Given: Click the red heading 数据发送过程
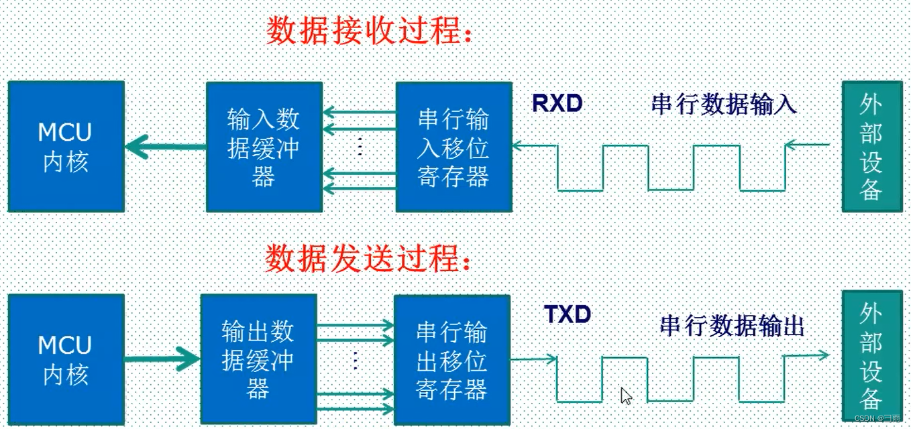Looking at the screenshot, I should [368, 258].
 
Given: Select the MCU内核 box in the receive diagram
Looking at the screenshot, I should [66, 147].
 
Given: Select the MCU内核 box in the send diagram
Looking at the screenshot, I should [66, 360].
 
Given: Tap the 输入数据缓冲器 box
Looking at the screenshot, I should [264, 147].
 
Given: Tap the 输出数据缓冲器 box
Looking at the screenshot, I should [258, 360].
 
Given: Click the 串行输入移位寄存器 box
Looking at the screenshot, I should [453, 147].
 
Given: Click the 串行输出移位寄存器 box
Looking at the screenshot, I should [451, 360].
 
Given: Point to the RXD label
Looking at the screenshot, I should [557, 103].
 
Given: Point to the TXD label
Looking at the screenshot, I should [568, 314].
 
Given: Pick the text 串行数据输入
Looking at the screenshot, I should [724, 105].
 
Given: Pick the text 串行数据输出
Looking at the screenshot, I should [732, 326].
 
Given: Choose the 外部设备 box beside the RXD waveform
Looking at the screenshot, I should [871, 147].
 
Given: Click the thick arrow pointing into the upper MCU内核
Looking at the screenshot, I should [164, 147].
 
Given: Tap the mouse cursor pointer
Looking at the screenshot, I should [626, 395].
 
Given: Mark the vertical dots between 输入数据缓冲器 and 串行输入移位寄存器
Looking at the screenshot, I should [360, 145].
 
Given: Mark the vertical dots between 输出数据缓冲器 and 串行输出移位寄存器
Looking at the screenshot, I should [355, 361].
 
